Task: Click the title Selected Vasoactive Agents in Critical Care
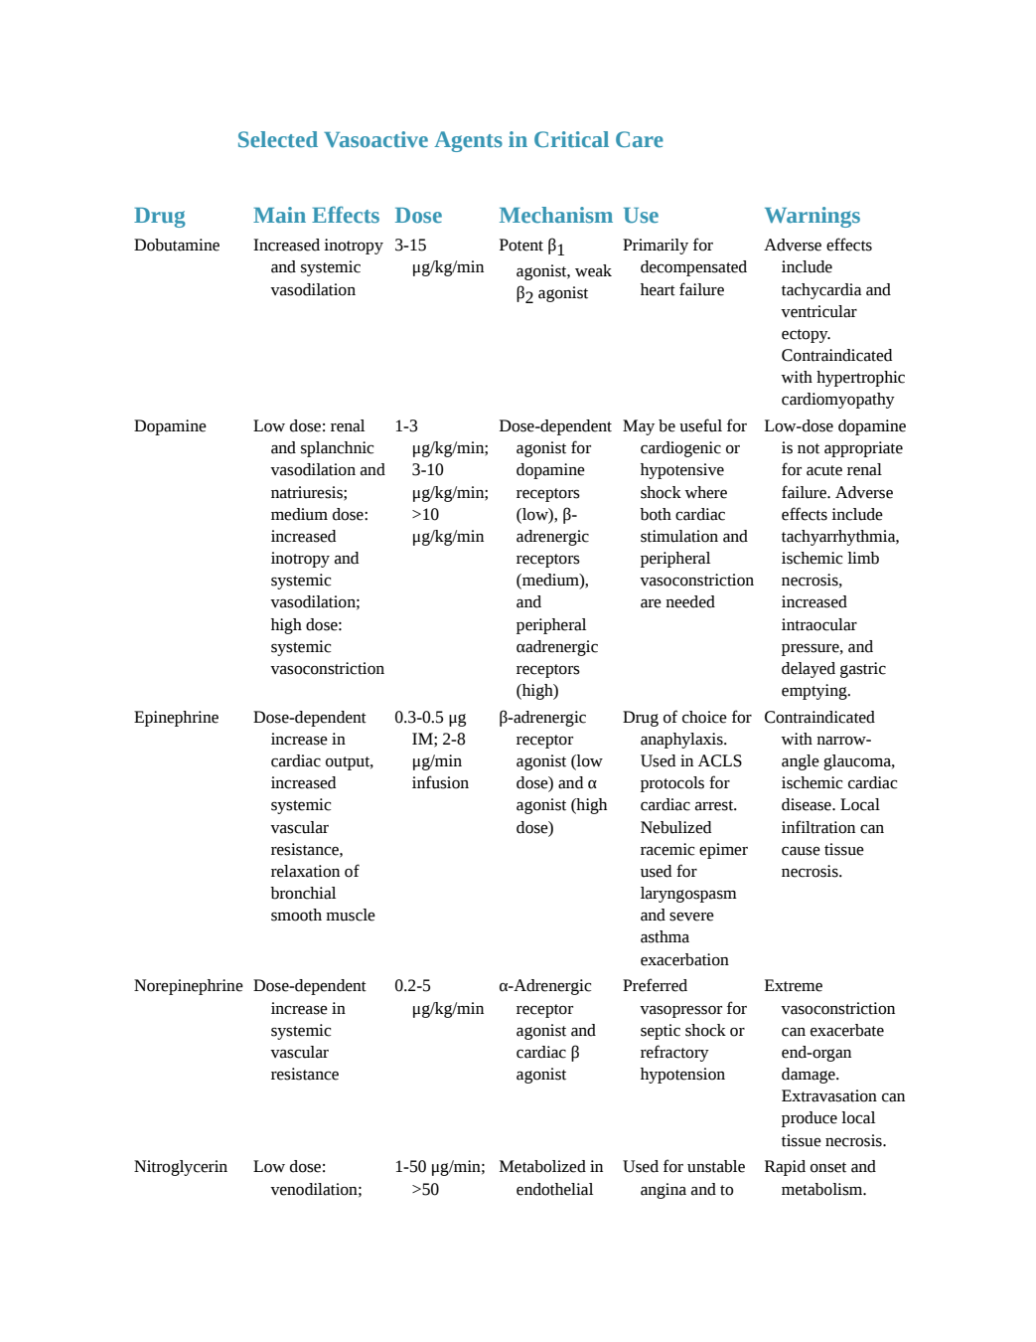pos(450,140)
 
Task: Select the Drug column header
pos(159,216)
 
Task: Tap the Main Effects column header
pos(316,216)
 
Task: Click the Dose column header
pos(418,216)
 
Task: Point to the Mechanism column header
pos(555,216)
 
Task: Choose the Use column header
pos(641,216)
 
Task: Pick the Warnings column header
pos(813,216)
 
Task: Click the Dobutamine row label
pos(177,246)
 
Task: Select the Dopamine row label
pos(170,426)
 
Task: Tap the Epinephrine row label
pos(176,718)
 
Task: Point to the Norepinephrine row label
pos(188,986)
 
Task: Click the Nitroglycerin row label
pos(180,1167)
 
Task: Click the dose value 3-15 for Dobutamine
pos(410,246)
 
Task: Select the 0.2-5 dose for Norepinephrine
pos(412,986)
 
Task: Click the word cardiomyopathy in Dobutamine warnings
pos(837,400)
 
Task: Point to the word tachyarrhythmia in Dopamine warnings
pos(839,537)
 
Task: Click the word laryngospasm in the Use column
pos(688,894)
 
